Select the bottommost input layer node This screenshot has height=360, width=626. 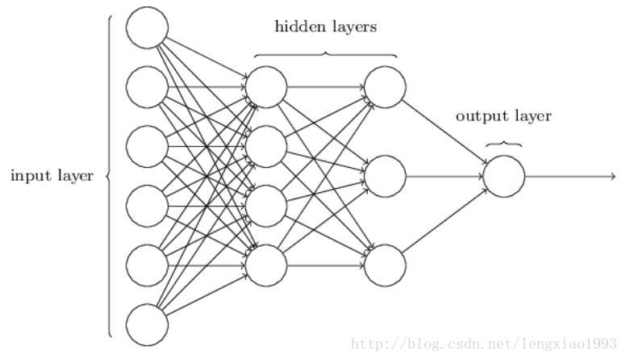[x=147, y=324]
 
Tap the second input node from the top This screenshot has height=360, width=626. [x=147, y=86]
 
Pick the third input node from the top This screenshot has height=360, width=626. [x=147, y=146]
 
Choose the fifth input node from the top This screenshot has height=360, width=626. [x=147, y=265]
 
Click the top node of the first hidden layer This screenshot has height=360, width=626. [x=266, y=86]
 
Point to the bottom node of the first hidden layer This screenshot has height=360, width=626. [x=266, y=265]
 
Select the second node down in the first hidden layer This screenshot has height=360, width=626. [x=266, y=146]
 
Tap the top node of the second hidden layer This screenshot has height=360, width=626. [x=385, y=86]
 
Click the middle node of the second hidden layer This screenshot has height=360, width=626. [x=385, y=175]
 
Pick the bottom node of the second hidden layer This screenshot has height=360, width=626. [x=385, y=265]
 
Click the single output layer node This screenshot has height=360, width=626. [x=504, y=175]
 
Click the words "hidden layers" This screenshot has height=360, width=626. [x=326, y=27]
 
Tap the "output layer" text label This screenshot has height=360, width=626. [x=503, y=116]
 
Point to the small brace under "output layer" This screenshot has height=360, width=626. [x=503, y=144]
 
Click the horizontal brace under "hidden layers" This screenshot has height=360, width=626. [x=326, y=54]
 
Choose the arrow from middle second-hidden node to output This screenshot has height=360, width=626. [x=444, y=175]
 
